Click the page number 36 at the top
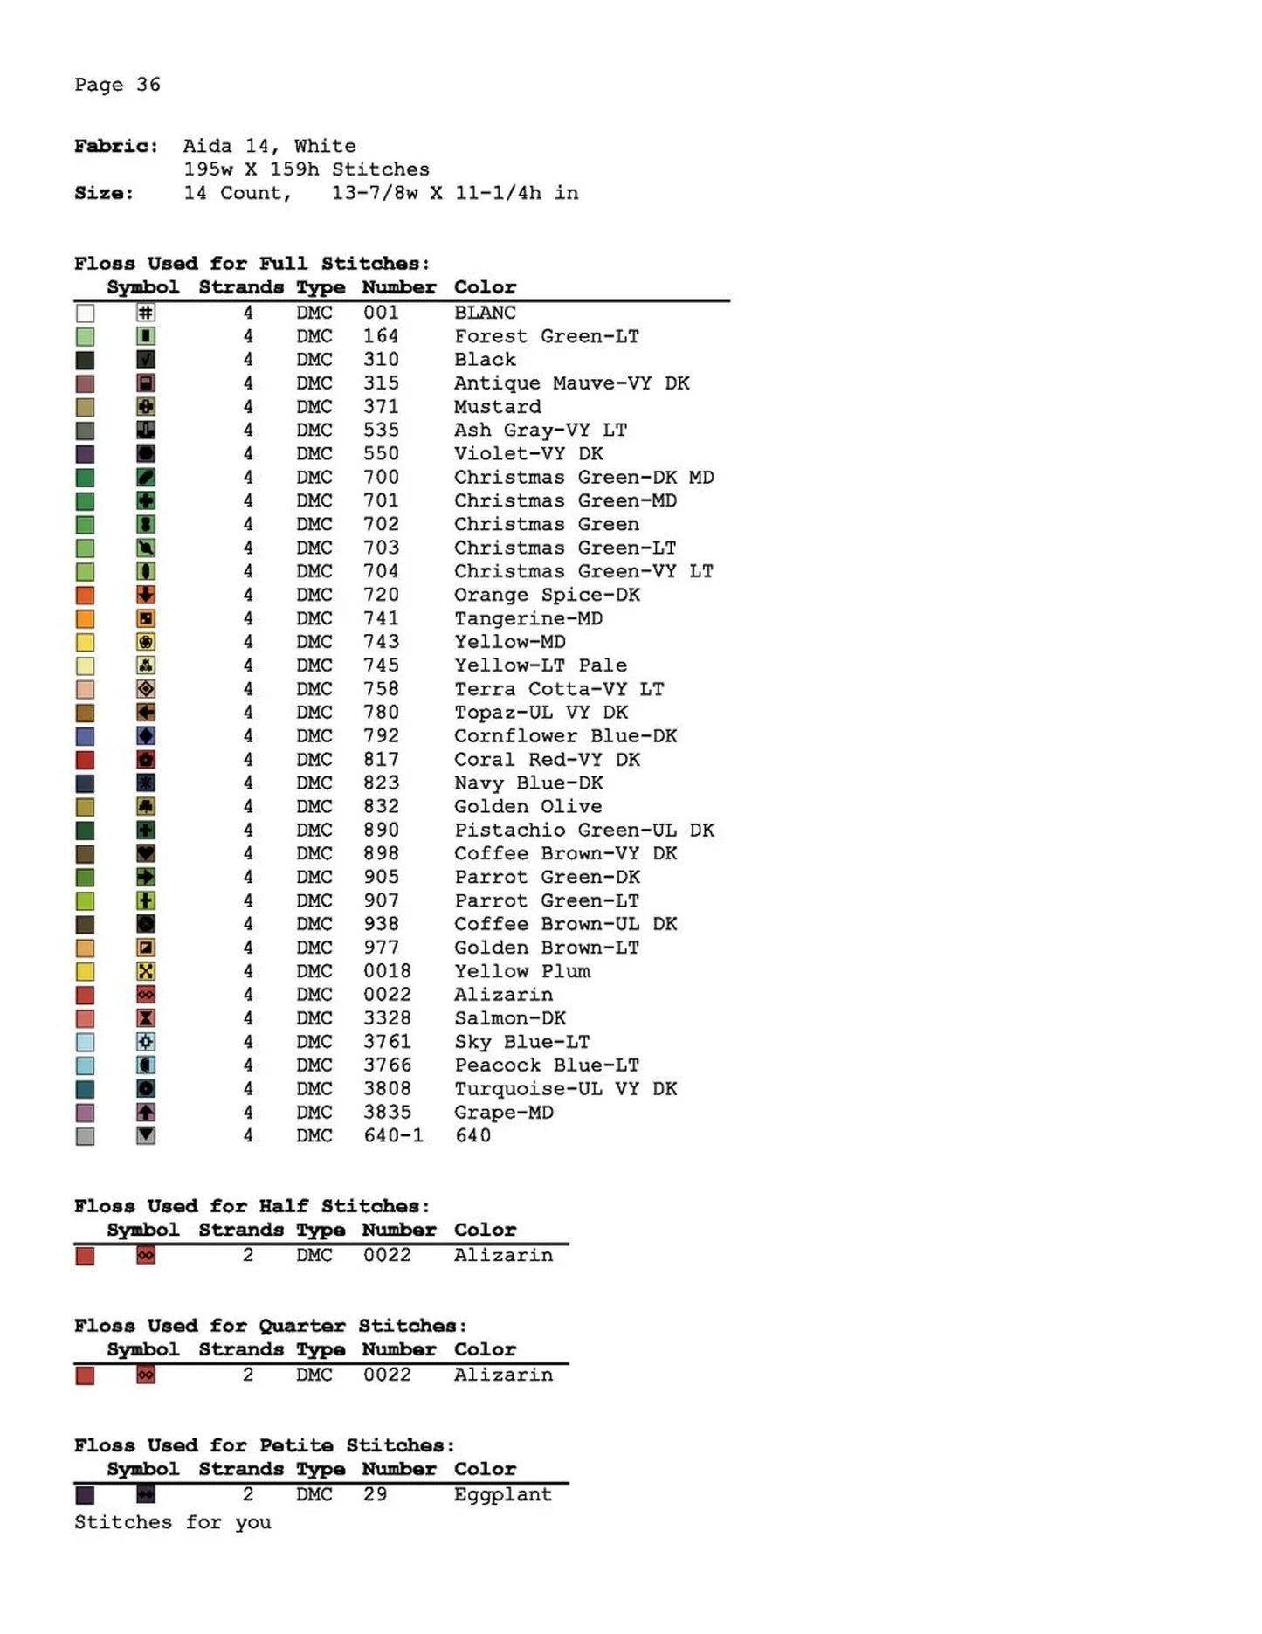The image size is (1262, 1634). [x=148, y=85]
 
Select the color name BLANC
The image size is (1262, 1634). [x=485, y=313]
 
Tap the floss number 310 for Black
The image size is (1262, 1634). [x=381, y=360]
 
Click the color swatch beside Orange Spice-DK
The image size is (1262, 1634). [x=85, y=596]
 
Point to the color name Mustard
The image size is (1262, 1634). [x=497, y=407]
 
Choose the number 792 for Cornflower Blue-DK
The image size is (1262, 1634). [x=381, y=736]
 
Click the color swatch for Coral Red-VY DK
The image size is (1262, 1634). [x=85, y=761]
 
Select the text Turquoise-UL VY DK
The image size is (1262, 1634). [x=565, y=1089]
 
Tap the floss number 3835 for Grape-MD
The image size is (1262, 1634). [x=387, y=1113]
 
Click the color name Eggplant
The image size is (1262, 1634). [x=502, y=1494]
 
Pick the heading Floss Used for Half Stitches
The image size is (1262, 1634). [x=252, y=1206]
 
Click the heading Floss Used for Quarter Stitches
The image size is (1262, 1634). [x=270, y=1326]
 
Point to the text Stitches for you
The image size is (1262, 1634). [x=172, y=1522]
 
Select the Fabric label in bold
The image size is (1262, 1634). [x=115, y=146]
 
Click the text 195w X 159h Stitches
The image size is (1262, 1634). [x=306, y=169]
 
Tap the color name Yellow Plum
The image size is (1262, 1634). [x=521, y=971]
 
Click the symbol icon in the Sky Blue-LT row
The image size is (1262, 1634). [x=146, y=1042]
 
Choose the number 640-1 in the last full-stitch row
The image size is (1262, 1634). [x=393, y=1136]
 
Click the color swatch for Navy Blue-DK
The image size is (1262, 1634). [x=85, y=784]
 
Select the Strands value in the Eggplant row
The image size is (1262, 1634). [x=248, y=1494]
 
